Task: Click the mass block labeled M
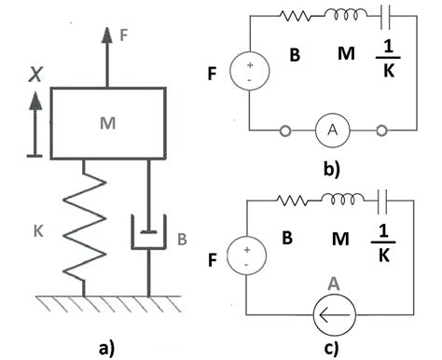pos(108,123)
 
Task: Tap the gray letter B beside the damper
pos(182,239)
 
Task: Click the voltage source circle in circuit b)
pos(250,71)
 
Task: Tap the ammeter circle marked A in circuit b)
pos(332,130)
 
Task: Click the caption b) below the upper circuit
pos(332,169)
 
